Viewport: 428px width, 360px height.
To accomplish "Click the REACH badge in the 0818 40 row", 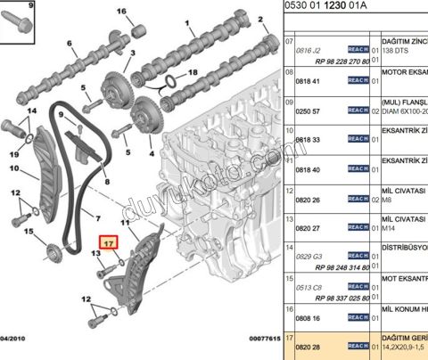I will click(358, 168).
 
